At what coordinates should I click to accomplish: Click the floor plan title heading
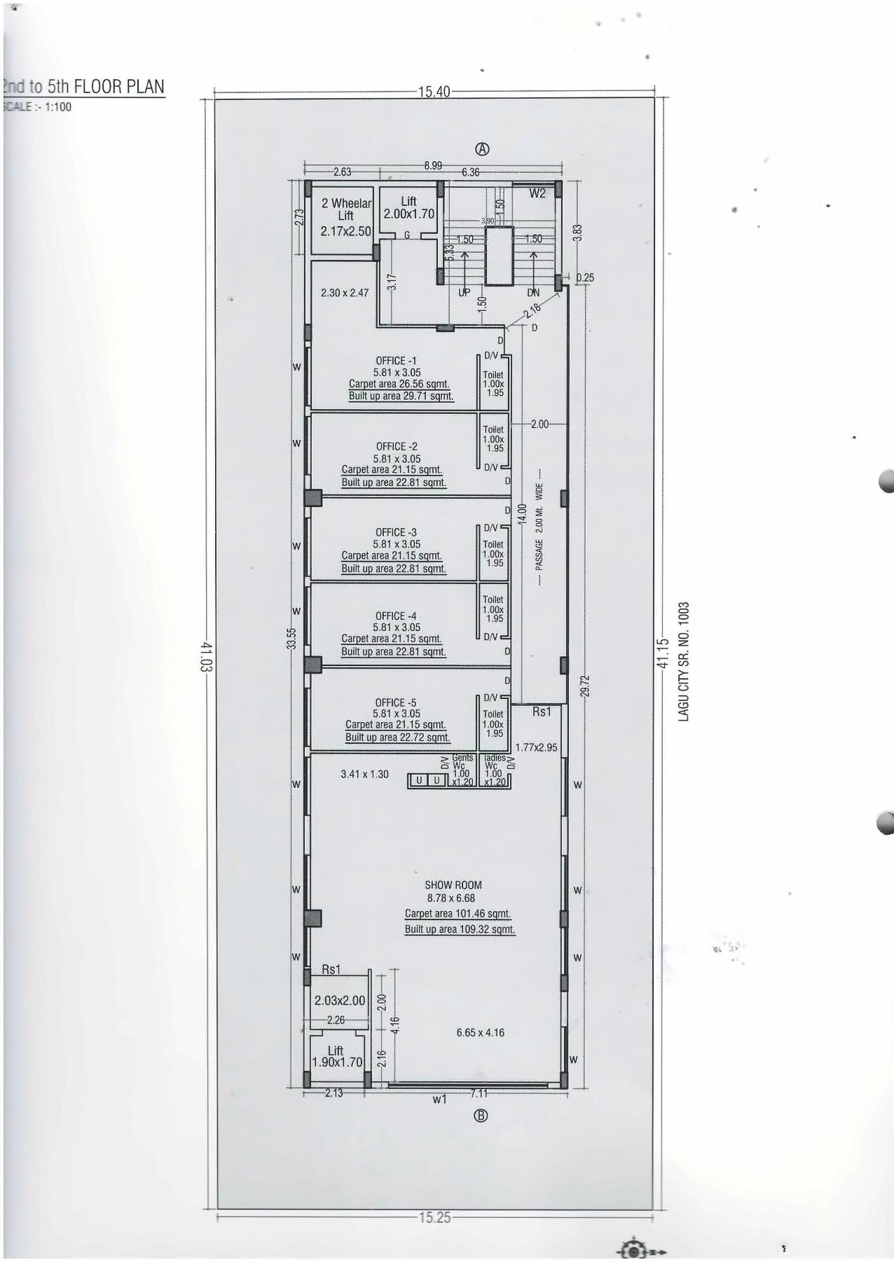[x=84, y=87]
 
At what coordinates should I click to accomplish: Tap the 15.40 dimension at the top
[x=434, y=92]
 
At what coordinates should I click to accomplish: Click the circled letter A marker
[x=482, y=148]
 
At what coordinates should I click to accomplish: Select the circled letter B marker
[x=481, y=1116]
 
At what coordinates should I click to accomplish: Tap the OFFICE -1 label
[x=396, y=361]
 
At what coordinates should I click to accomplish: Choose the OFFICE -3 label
[x=396, y=532]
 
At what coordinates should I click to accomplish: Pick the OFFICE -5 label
[x=396, y=702]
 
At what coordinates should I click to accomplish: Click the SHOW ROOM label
[x=453, y=885]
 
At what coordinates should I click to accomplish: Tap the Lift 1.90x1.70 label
[x=336, y=1056]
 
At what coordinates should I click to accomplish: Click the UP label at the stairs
[x=464, y=293]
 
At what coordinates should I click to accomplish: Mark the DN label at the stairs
[x=533, y=293]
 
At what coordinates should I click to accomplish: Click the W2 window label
[x=537, y=193]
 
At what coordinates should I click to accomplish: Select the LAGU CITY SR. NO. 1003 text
[x=685, y=661]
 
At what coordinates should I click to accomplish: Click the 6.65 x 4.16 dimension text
[x=480, y=1032]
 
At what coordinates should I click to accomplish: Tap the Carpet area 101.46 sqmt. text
[x=458, y=914]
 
